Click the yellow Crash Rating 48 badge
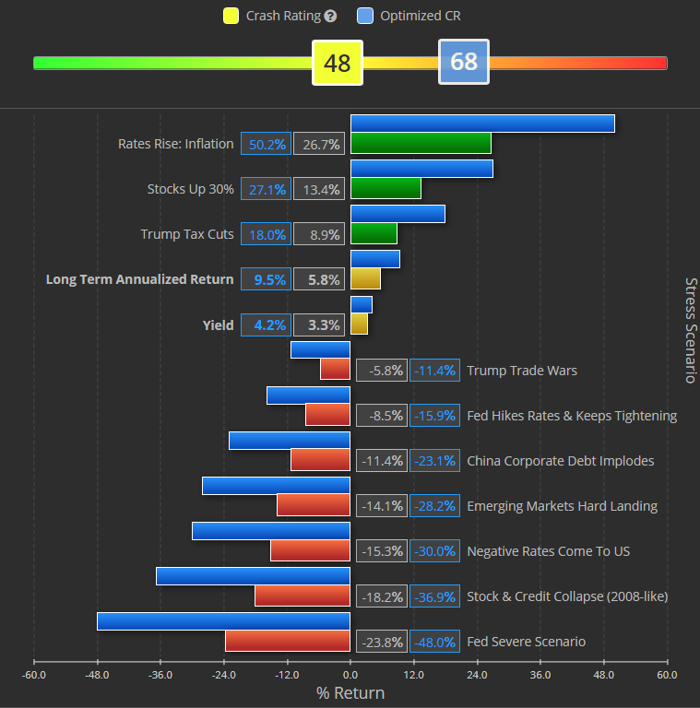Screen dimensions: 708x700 point(338,63)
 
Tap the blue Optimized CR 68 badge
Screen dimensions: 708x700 point(464,62)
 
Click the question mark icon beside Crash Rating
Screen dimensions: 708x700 point(331,16)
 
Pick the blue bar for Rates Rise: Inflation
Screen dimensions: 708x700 point(482,124)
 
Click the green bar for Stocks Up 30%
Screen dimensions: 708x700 point(386,188)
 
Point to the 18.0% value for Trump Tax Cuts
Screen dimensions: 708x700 point(266,234)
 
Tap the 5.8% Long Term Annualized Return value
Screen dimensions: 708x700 point(318,279)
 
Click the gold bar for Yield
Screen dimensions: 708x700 point(359,324)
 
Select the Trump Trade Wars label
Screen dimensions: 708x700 point(522,371)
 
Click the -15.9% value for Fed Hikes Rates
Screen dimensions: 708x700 point(434,416)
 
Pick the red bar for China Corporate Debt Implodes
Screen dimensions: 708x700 point(320,460)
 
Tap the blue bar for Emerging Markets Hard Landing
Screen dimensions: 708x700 point(276,486)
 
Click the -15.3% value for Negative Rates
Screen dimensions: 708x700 point(381,551)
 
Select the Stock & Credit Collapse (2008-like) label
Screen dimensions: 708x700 point(567,596)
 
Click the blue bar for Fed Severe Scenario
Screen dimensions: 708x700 point(223,621)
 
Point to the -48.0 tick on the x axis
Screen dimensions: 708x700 point(97,675)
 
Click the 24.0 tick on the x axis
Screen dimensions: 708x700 point(477,675)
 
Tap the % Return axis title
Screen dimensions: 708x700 point(350,693)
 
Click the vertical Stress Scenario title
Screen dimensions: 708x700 point(690,330)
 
